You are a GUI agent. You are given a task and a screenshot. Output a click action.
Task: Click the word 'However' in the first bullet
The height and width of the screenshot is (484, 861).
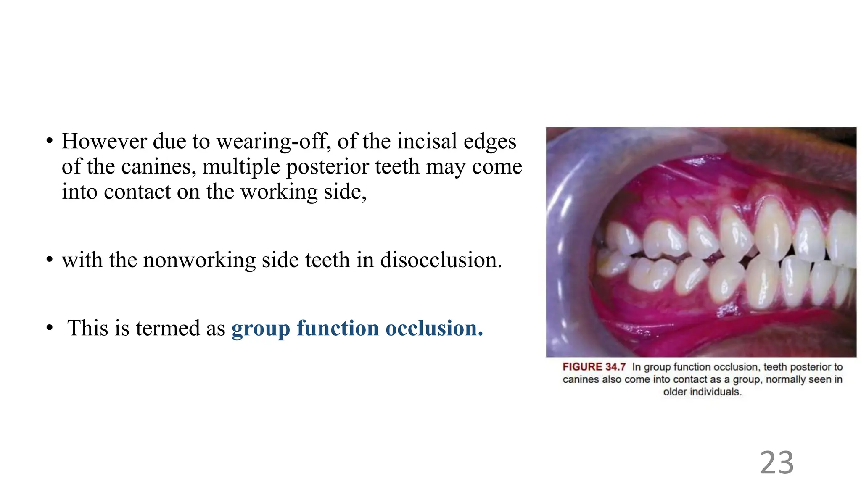(104, 141)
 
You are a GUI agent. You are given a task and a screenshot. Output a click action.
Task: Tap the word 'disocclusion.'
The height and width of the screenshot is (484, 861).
(441, 260)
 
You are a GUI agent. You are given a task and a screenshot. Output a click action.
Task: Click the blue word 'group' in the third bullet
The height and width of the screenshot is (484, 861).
(261, 329)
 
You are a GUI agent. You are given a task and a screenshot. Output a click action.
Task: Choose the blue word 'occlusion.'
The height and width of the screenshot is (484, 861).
(434, 328)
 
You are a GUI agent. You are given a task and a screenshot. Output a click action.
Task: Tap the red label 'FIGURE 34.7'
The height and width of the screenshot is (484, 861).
(594, 367)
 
